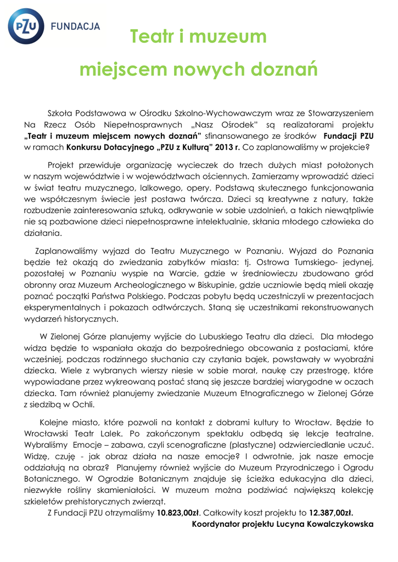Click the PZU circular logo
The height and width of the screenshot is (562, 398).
coord(26,26)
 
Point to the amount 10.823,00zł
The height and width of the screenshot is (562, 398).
coord(178,513)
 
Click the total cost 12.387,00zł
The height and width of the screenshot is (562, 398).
coord(330,513)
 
